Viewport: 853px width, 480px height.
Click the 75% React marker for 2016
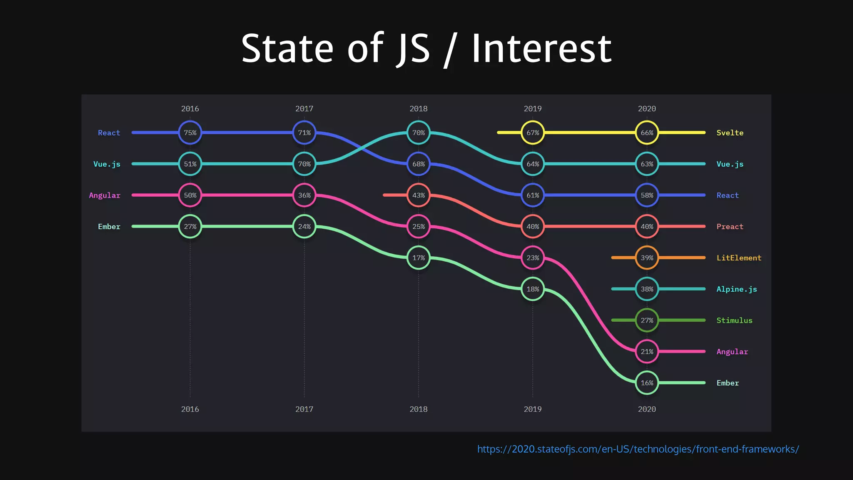[190, 132]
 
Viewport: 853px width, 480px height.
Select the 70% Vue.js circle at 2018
[418, 132]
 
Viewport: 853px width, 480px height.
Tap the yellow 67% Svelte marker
[533, 132]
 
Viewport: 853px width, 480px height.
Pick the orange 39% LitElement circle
[647, 257]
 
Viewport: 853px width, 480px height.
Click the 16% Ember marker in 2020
[647, 382]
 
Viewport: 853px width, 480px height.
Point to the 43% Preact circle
[418, 195]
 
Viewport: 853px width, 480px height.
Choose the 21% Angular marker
[647, 351]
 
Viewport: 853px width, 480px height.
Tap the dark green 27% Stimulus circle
[647, 320]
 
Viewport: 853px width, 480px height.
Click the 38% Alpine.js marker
[647, 289]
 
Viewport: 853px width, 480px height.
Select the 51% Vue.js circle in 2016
[190, 164]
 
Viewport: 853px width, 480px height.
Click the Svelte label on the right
[730, 132]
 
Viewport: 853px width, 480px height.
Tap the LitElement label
[738, 257]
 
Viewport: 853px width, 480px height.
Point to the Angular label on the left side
[105, 195]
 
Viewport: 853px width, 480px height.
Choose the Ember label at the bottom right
[727, 382]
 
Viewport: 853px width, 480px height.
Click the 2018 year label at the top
[418, 108]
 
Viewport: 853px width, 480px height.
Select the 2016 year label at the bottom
[190, 409]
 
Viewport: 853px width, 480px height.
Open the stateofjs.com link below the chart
[638, 449]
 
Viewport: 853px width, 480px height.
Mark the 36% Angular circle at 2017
[304, 195]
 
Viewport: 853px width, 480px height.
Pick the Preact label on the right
[730, 226]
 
